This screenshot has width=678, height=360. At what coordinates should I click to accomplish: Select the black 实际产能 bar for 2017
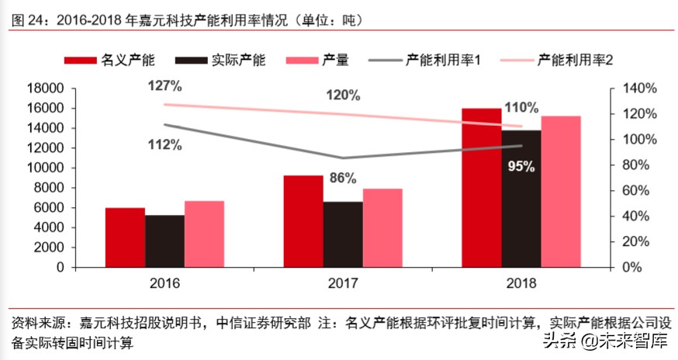click(343, 234)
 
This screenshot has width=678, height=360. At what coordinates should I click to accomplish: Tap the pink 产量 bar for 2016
click(204, 234)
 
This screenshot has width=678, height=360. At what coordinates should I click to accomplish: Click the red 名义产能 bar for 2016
click(125, 237)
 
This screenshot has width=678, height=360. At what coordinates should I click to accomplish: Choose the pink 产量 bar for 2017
click(382, 227)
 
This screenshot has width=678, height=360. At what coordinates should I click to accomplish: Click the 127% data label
click(165, 85)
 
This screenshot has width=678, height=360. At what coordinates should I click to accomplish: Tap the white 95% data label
click(521, 165)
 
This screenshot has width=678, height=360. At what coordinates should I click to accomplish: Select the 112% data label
click(165, 144)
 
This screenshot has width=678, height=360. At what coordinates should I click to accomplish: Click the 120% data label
click(343, 95)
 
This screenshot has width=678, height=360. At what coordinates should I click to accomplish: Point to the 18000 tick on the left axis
click(47, 88)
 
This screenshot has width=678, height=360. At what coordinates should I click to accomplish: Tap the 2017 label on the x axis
click(342, 283)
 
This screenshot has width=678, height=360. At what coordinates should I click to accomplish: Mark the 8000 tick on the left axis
click(50, 188)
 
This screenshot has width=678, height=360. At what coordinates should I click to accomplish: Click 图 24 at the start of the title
click(28, 18)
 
